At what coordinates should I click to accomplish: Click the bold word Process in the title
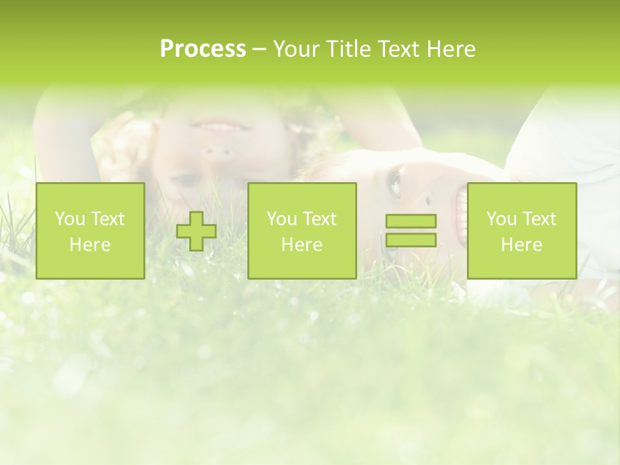pyautogui.click(x=203, y=49)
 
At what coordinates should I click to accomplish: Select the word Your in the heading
pyautogui.click(x=296, y=49)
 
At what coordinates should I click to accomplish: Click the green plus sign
pyautogui.click(x=196, y=231)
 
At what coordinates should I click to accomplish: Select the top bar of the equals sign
pyautogui.click(x=411, y=221)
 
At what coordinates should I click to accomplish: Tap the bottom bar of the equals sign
pyautogui.click(x=411, y=240)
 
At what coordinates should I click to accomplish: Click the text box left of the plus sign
pyautogui.click(x=90, y=231)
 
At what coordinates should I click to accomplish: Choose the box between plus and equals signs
pyautogui.click(x=302, y=231)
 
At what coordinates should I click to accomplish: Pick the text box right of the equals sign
pyautogui.click(x=522, y=231)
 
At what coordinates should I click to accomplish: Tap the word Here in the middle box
pyautogui.click(x=302, y=245)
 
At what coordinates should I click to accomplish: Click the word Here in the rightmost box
pyautogui.click(x=522, y=245)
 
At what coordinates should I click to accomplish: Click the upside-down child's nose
pyautogui.click(x=217, y=154)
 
